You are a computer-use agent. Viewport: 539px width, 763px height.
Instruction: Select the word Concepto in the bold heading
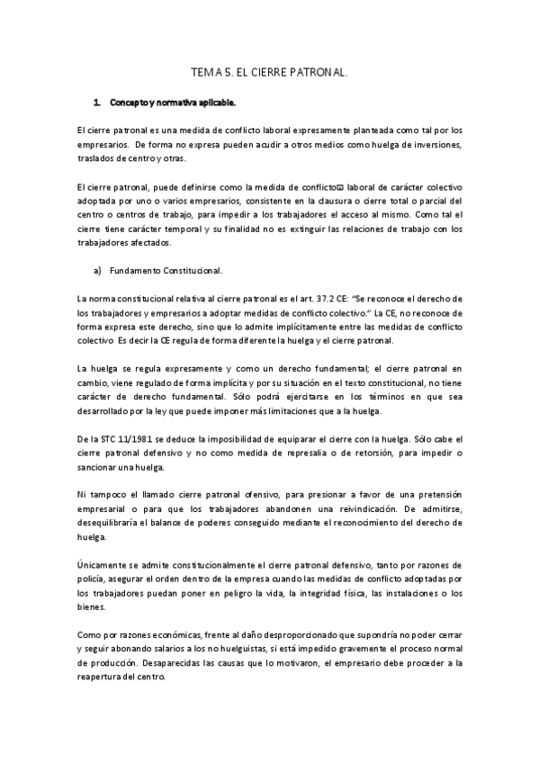(x=129, y=102)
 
